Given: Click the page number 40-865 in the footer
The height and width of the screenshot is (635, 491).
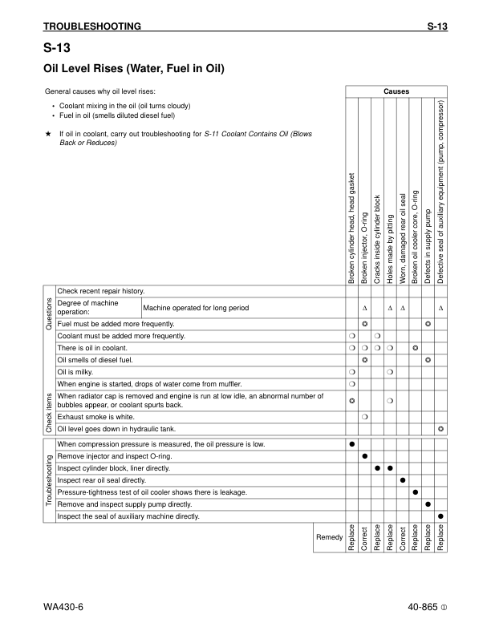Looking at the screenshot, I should point(422,607).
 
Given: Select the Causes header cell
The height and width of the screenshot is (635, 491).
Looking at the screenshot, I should point(396,91).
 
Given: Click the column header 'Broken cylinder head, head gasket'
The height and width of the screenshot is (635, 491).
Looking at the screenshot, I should point(351,228).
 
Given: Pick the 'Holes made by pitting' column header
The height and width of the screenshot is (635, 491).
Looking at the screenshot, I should point(390,249).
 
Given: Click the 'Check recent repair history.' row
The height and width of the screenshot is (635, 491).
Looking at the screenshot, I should point(100,290).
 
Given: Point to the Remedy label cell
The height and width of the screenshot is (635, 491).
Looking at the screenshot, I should point(330,536).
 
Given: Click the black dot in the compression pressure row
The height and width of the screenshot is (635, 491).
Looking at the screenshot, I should point(351,444).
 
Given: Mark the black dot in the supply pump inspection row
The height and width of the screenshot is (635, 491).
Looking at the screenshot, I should point(428,504).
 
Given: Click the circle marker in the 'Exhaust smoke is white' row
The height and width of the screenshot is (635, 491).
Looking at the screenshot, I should point(364,417).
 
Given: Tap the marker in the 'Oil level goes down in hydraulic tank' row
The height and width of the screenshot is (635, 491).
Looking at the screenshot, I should point(441,429).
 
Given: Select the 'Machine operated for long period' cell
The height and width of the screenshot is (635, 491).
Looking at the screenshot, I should point(196,308).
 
